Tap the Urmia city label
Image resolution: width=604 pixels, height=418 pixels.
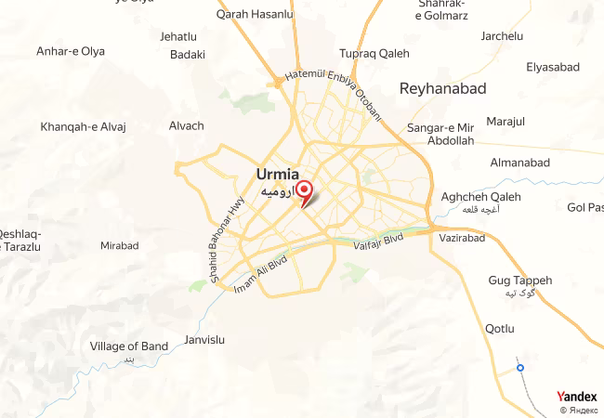click(277, 174)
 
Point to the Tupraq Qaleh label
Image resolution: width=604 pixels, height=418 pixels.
click(374, 53)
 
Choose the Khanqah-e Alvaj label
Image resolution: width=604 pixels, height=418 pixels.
click(83, 126)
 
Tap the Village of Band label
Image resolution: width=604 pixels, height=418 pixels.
click(129, 346)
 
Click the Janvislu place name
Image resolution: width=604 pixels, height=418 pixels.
click(205, 339)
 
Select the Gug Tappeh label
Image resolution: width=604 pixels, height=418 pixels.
click(519, 280)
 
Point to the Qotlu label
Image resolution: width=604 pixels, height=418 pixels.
click(499, 328)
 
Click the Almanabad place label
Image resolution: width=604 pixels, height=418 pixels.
click(522, 162)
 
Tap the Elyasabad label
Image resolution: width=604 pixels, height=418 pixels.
click(552, 67)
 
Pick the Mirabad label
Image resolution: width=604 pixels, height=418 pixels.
click(119, 246)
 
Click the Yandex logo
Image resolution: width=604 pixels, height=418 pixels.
click(576, 397)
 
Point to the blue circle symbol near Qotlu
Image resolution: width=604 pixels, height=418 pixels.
click(520, 368)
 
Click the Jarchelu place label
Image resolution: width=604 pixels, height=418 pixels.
click(502, 36)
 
